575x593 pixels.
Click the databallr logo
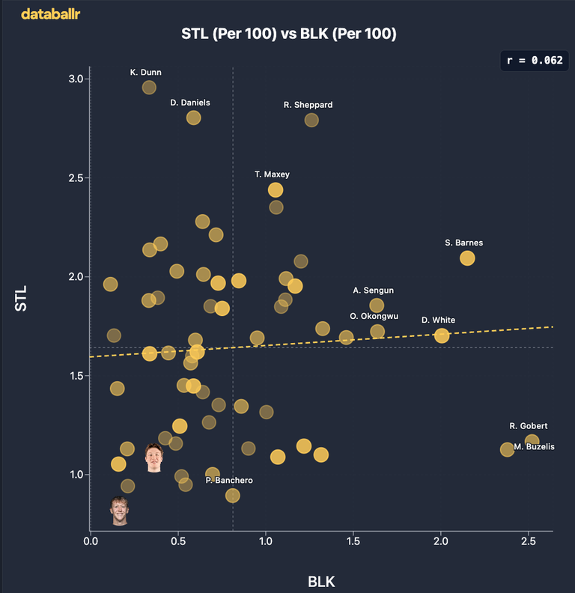coord(51,14)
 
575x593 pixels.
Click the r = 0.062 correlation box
coord(535,61)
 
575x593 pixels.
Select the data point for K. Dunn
coord(149,88)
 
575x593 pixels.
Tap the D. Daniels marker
coord(193,118)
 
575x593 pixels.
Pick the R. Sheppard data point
coord(311,121)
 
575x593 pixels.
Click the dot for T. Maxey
coord(276,190)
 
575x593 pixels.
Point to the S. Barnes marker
coord(467,258)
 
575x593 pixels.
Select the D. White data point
coord(442,335)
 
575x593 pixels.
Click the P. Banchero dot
coord(233,496)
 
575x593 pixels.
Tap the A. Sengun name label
coord(374,291)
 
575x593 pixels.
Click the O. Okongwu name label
coord(374,316)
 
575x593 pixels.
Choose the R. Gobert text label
coord(529,426)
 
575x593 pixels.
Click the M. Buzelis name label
coord(534,447)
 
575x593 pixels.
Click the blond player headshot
coord(120,511)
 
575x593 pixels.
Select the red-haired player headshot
coord(154,458)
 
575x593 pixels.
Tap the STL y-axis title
coord(21,299)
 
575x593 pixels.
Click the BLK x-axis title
coord(321,582)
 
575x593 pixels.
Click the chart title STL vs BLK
coord(289,34)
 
